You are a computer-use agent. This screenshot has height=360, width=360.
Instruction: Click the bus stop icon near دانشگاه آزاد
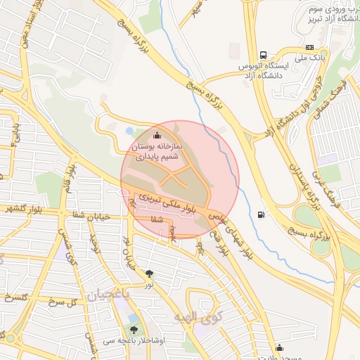pyautogui.click(x=263, y=55)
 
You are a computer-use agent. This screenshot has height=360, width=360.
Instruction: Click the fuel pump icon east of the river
pyautogui.click(x=262, y=214)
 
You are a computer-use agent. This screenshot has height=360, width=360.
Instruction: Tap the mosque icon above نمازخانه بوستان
pyautogui.click(x=156, y=135)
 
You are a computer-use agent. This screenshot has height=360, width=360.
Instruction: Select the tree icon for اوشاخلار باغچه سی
pyautogui.click(x=134, y=328)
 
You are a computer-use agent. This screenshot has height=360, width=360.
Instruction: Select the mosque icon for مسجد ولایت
pyautogui.click(x=280, y=347)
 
